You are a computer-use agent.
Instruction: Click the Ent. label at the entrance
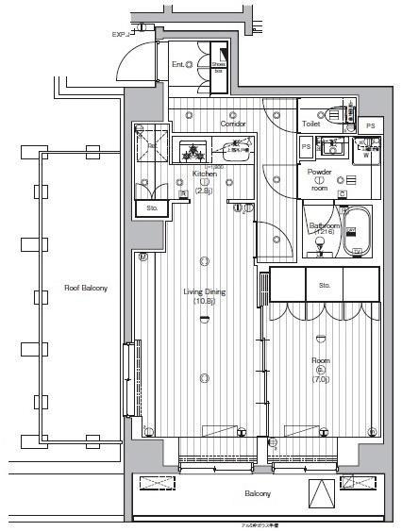pos(177,64)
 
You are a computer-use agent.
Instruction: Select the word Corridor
pos(233,124)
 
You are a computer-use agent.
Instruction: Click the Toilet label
pos(311,124)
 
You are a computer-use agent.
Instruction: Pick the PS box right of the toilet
pos(371,125)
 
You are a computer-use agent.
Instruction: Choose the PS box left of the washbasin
pos(306,148)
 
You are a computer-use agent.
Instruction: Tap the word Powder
pos(319,172)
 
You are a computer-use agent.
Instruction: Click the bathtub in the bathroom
pos(358,234)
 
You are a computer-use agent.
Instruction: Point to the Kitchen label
pos(205,174)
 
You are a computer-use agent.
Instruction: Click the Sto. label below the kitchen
pos(152,207)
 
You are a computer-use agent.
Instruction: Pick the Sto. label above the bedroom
pos(325,284)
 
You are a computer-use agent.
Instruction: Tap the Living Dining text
pos(204,291)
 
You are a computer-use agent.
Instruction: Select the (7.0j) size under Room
pos(321,380)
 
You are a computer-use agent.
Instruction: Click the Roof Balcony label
pos(85,288)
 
